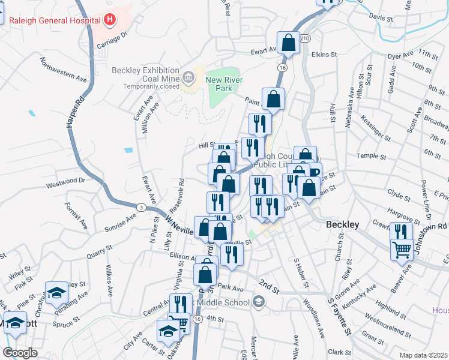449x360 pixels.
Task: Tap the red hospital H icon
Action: [x=110, y=20]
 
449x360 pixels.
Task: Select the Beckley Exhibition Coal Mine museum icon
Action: [x=188, y=76]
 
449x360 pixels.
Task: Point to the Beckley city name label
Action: [x=342, y=224]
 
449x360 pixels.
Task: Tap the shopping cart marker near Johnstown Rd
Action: [x=402, y=249]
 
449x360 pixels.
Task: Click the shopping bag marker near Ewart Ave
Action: [x=288, y=43]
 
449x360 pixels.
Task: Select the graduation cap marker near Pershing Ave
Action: [x=56, y=293]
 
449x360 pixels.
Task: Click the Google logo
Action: [x=20, y=352]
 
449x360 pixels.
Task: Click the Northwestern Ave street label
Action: [x=63, y=70]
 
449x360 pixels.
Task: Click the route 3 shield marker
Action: [x=140, y=207]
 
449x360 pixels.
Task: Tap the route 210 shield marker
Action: [x=306, y=38]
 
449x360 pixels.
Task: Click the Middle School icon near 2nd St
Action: [x=259, y=302]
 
